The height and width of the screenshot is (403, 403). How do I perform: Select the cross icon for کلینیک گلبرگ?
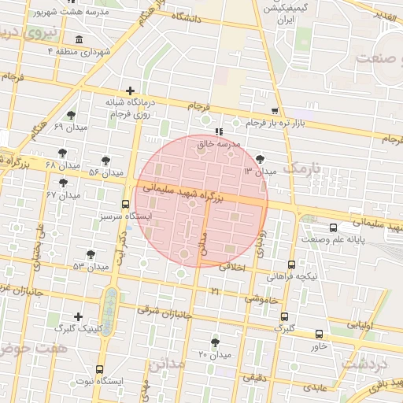(x=76, y=316)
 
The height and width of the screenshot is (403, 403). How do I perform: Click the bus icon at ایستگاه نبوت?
(x=100, y=369)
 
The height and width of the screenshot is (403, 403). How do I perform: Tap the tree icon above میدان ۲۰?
(x=215, y=342)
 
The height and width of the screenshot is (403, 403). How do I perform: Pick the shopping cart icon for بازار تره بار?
(x=274, y=111)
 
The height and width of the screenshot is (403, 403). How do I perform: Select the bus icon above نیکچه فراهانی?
(x=292, y=264)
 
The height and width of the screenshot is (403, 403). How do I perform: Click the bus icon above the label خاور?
(x=319, y=334)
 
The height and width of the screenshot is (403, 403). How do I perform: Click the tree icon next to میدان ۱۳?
(x=260, y=159)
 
